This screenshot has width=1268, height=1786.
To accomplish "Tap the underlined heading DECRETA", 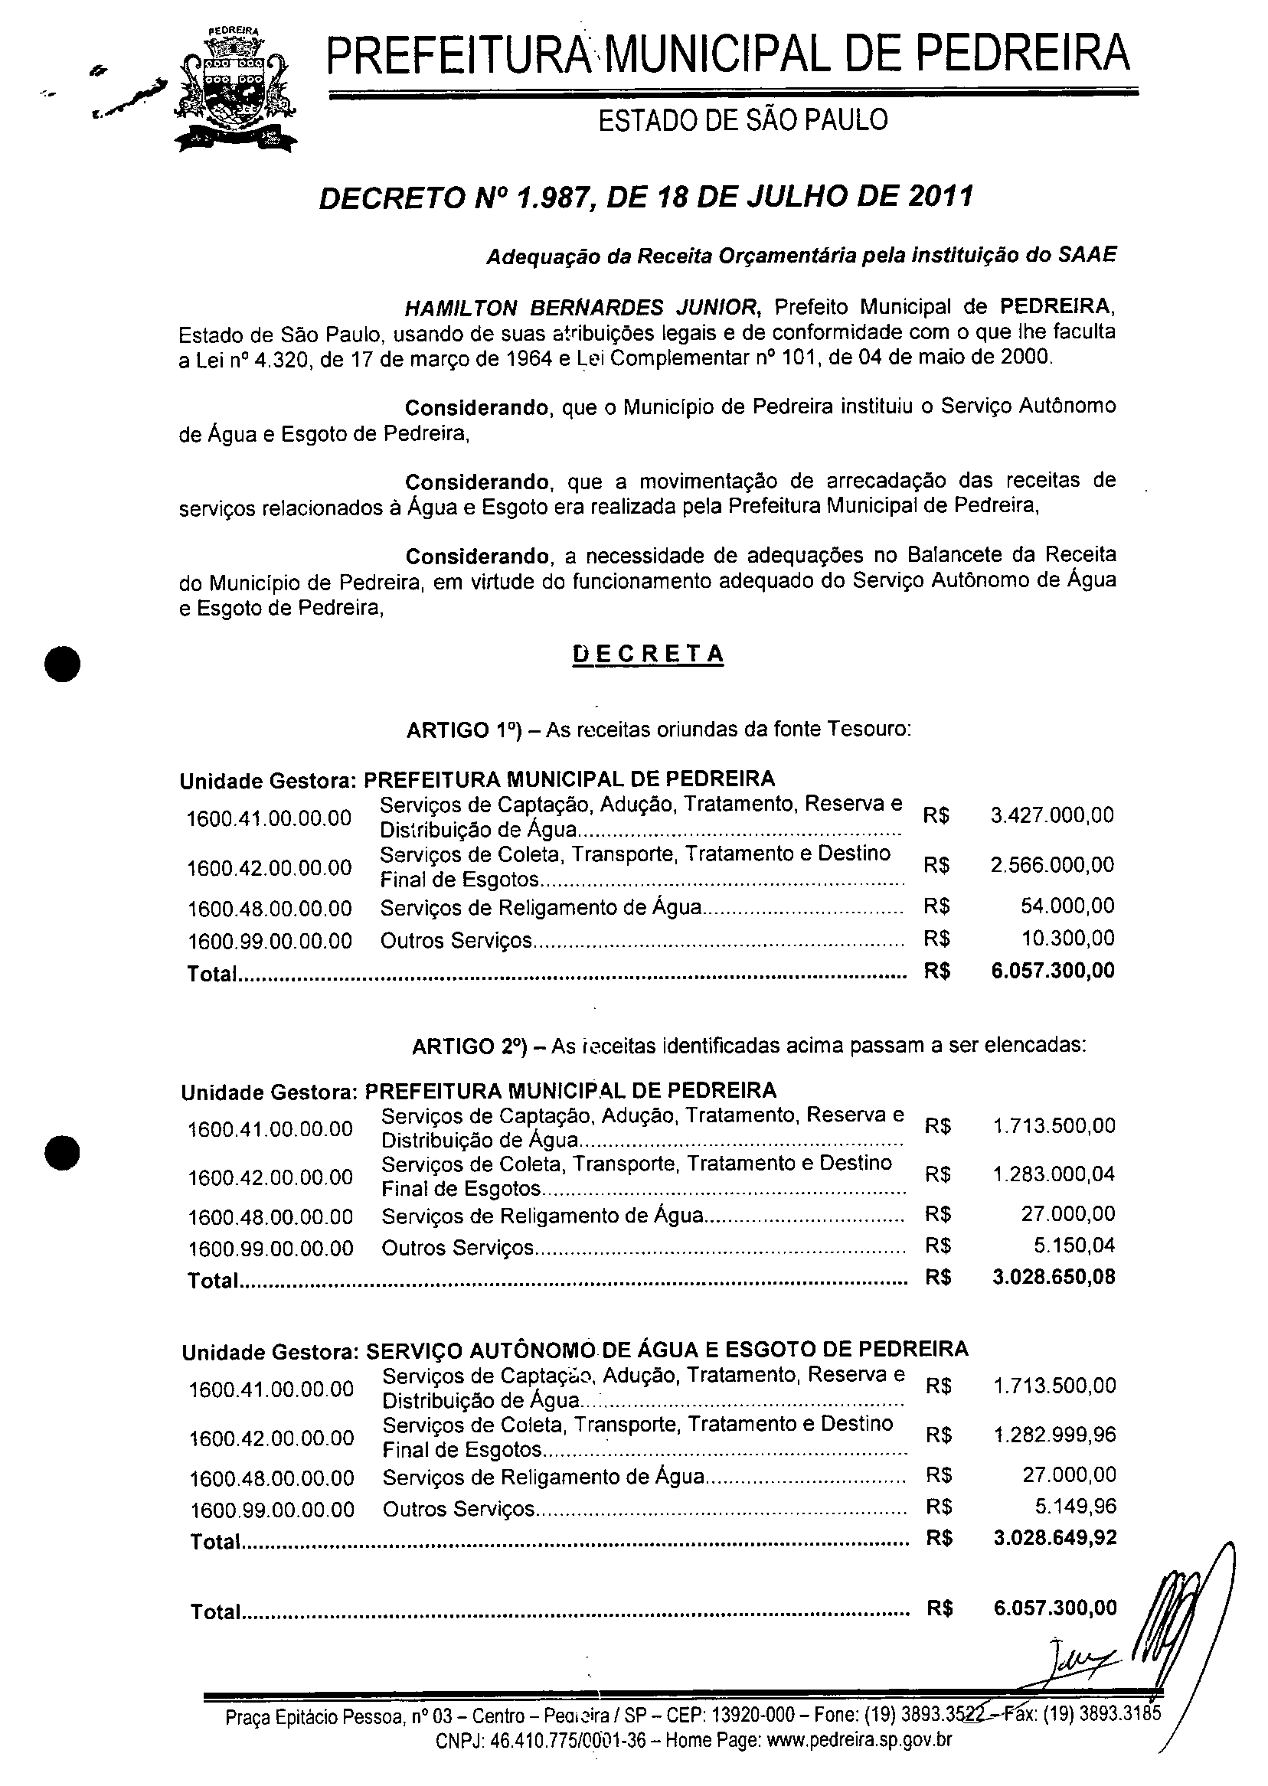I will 648,653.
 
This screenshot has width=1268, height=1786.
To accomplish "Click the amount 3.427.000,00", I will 1052,816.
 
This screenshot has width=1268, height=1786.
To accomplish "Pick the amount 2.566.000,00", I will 1052,865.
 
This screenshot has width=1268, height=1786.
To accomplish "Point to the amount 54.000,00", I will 1067,906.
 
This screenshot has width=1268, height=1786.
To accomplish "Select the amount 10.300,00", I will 1067,939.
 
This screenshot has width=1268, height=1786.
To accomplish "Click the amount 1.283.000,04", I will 1054,1174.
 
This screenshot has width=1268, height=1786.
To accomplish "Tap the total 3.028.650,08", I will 1054,1277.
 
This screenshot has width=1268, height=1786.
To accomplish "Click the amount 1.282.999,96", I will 1054,1435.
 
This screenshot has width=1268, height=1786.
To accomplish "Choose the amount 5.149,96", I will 1076,1506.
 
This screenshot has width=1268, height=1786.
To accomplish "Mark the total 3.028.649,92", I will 1055,1538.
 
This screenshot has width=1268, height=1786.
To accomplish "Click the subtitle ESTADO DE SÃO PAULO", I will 743,120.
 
